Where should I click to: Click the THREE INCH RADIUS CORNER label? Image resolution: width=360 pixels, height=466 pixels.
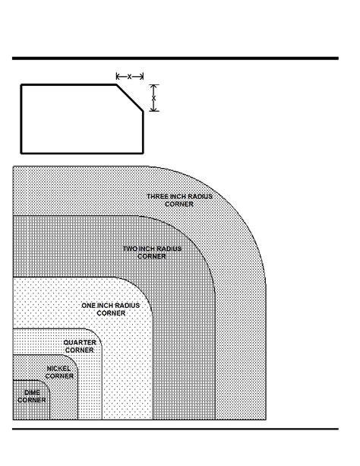[179, 200]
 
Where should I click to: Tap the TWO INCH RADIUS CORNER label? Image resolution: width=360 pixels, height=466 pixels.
[152, 252]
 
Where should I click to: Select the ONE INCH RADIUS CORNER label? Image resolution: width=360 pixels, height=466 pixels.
[110, 309]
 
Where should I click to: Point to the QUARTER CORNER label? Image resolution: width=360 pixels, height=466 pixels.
[80, 346]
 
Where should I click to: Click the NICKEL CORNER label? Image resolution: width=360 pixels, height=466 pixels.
[59, 372]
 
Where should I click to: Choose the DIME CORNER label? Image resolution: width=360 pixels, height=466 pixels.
[32, 396]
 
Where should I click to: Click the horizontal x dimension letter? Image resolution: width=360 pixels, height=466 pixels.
[130, 77]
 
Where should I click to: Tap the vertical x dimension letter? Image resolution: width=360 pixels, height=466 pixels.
[153, 98]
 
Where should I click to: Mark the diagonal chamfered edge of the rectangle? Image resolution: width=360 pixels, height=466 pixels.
[130, 98]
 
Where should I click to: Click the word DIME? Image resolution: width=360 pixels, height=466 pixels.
[32, 392]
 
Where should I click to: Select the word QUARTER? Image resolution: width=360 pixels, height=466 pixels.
[80, 343]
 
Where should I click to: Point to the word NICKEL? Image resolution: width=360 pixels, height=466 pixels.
[58, 369]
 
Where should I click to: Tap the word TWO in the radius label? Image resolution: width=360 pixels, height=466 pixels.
[131, 249]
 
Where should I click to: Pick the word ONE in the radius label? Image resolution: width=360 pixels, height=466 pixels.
[89, 306]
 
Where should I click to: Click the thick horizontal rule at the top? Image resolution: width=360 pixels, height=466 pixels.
[175, 59]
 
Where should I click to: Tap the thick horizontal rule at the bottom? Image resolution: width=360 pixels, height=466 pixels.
[175, 429]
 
